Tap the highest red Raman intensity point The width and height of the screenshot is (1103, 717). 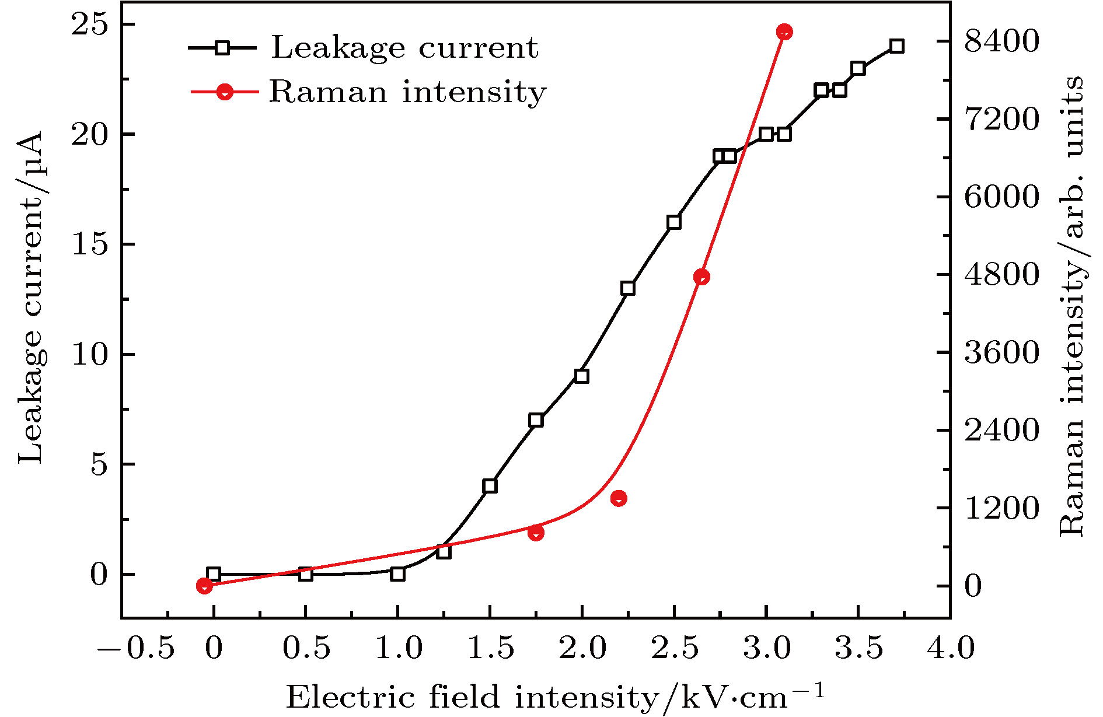[784, 32]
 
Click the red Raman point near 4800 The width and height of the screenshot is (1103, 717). [701, 277]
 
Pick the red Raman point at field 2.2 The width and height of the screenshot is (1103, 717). [619, 498]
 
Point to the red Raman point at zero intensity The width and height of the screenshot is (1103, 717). [204, 586]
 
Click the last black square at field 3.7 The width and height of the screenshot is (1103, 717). [897, 46]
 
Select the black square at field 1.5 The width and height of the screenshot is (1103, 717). [490, 486]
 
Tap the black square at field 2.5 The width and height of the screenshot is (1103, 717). [674, 222]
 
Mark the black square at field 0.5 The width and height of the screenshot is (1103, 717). [305, 574]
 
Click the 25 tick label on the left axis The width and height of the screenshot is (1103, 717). [90, 25]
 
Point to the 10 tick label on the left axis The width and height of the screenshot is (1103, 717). [90, 355]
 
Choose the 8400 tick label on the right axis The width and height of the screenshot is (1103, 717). [1001, 41]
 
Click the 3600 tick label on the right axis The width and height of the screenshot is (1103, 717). [1001, 352]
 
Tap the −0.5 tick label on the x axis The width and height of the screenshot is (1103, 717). [136, 648]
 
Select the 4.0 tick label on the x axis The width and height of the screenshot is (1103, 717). [950, 648]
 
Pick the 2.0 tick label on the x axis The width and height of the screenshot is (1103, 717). [582, 648]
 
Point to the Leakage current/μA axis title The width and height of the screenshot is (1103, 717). [30, 298]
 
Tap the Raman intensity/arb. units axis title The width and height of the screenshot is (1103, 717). [1071, 306]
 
